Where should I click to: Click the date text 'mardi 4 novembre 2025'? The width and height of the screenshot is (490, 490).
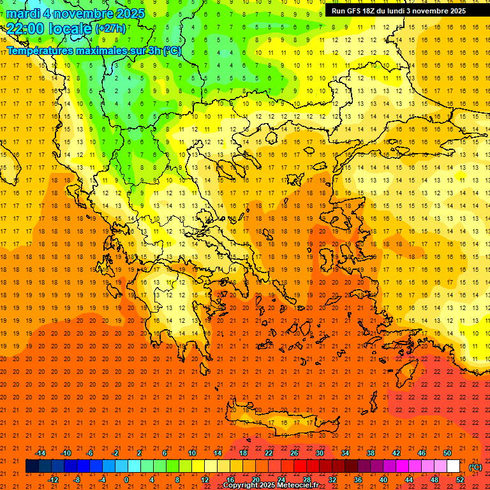tap(75, 13)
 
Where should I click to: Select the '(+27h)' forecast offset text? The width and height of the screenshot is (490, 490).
tap(110, 29)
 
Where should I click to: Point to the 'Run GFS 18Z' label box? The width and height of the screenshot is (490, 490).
tap(399, 11)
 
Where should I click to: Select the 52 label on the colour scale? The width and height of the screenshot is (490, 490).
tap(460, 480)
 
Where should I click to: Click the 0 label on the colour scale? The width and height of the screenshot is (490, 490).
tap(126, 480)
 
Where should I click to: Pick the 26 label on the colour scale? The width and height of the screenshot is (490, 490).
tap(294, 453)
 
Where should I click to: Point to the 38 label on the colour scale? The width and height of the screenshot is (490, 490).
tap(371, 453)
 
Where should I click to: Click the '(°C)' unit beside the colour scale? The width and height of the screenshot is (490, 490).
tap(475, 467)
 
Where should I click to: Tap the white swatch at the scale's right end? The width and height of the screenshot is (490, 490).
tap(454, 466)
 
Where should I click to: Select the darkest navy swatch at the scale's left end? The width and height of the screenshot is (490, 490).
tap(32, 466)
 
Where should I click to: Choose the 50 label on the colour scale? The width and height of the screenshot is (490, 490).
tap(447, 453)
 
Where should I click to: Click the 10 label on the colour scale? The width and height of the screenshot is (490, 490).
tap(192, 453)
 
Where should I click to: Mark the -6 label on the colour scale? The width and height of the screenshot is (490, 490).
tap(90, 453)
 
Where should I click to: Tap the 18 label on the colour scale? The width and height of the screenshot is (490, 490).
tap(243, 453)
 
